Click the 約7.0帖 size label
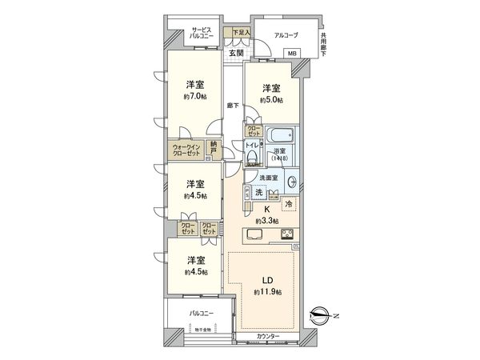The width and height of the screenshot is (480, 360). [194, 97]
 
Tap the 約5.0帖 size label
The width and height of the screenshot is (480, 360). [271, 100]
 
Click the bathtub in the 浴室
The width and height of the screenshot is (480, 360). [280, 135]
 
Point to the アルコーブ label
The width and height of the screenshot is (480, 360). [286, 35]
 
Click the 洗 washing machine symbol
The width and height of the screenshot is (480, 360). [258, 194]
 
